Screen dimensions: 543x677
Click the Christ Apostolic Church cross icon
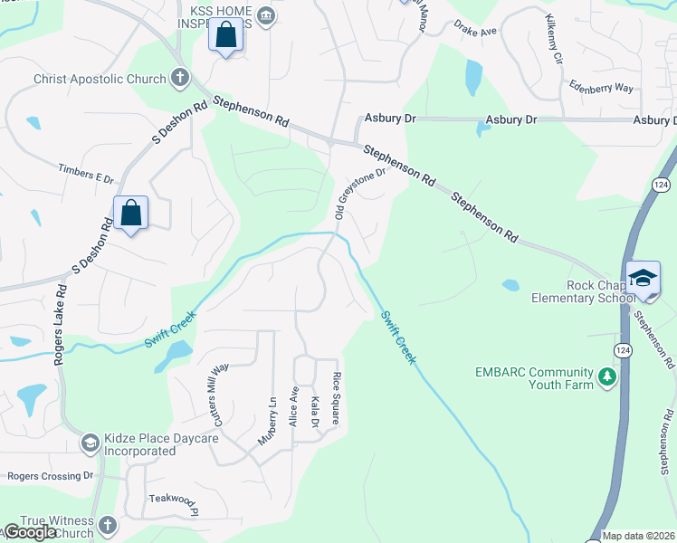(x=180, y=78)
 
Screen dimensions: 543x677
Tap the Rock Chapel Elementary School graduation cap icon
(x=643, y=277)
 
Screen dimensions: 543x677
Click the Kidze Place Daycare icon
(x=90, y=443)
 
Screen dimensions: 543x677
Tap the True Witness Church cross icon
(x=107, y=525)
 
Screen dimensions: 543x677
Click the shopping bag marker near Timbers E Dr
(x=131, y=214)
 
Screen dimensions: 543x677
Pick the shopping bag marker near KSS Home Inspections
(x=225, y=37)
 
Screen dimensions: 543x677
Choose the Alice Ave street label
(x=293, y=407)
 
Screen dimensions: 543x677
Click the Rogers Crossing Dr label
(x=50, y=475)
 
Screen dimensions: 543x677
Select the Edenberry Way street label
(x=601, y=88)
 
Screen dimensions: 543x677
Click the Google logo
(x=31, y=532)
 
